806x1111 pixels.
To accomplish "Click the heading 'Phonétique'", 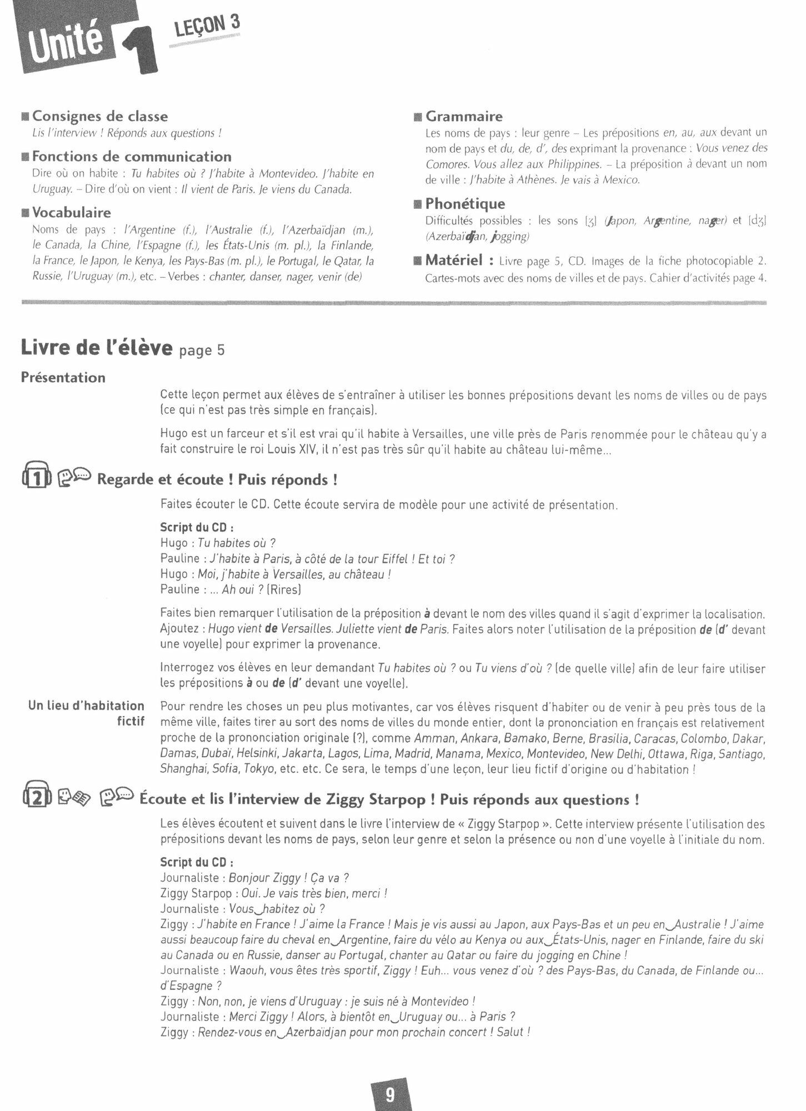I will pyautogui.click(x=465, y=204).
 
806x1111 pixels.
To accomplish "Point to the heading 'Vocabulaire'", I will pyautogui.click(x=71, y=213).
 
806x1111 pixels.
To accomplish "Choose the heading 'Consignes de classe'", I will pyautogui.click(x=99, y=117).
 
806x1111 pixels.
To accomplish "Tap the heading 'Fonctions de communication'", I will pyautogui.click(x=132, y=157).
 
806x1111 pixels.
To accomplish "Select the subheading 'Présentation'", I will pyautogui.click(x=63, y=378).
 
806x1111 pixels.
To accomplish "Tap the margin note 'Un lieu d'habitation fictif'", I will pyautogui.click(x=86, y=713).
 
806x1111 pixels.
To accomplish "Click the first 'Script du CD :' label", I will pyautogui.click(x=197, y=528).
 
